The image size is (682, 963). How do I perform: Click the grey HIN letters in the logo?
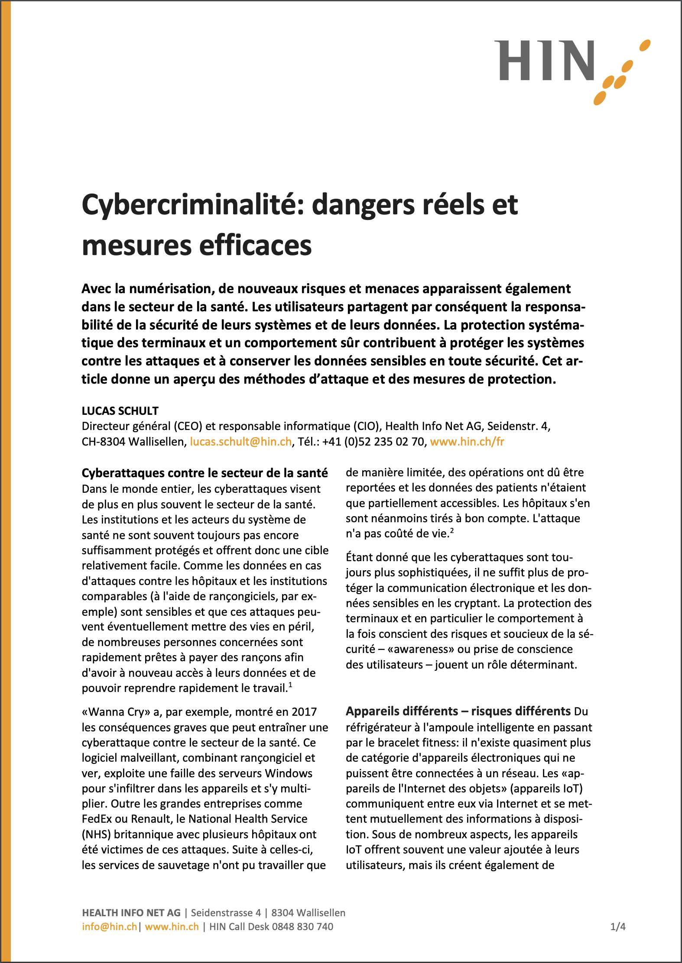click(546, 61)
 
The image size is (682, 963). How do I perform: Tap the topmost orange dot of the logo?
click(645, 45)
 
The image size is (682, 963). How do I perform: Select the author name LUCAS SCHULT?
click(120, 410)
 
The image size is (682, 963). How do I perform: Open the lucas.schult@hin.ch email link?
click(240, 442)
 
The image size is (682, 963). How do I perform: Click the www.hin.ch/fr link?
click(467, 442)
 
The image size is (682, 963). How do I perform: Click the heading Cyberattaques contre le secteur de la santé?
click(205, 473)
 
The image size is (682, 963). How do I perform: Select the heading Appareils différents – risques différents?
click(458, 711)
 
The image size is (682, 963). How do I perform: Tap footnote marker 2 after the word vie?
click(451, 530)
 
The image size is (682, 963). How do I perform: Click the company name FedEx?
click(98, 819)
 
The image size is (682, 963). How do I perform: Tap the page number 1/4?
click(617, 927)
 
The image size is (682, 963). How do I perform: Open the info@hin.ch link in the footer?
click(109, 927)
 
